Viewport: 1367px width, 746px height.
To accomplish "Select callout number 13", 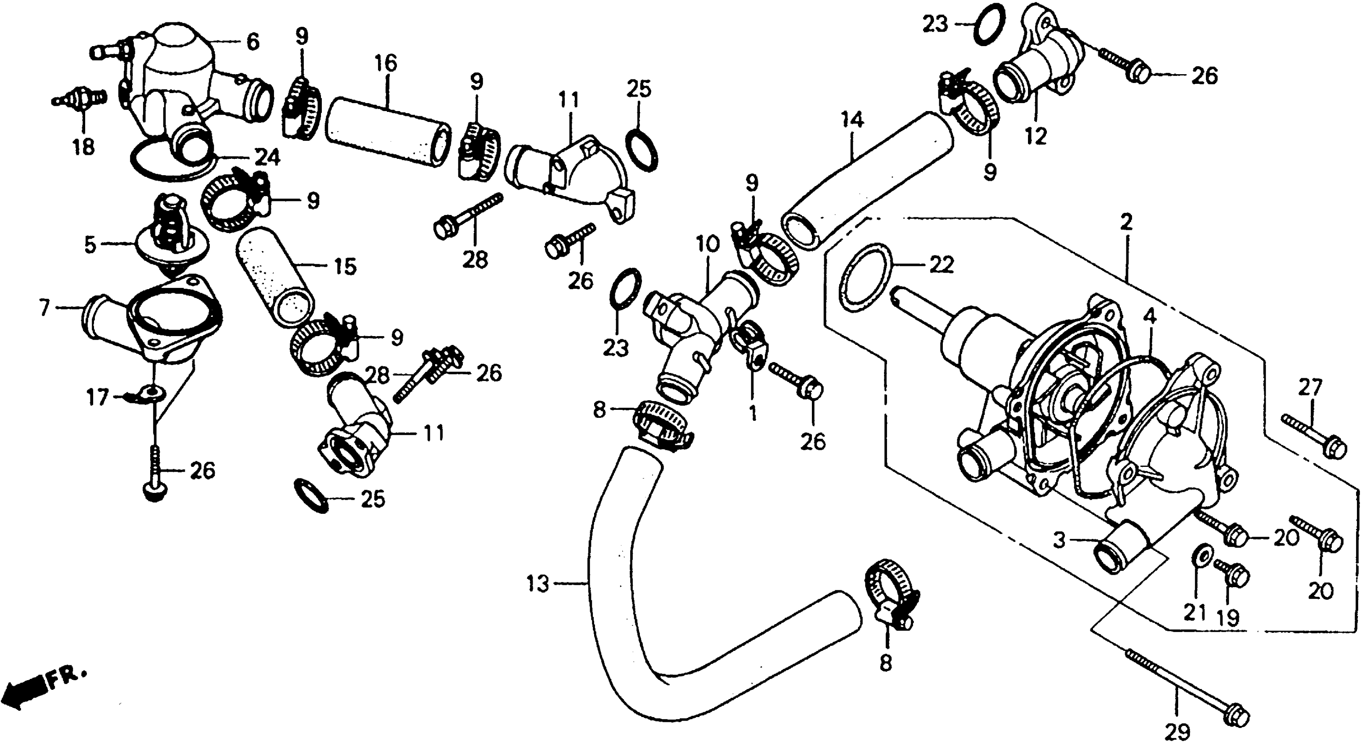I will (537, 584).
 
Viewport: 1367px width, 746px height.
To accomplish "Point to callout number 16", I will (386, 63).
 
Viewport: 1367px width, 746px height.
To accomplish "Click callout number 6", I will (252, 41).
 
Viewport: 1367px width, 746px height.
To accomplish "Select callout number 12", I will (1035, 136).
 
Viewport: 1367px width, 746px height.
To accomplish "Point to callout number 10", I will (707, 245).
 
